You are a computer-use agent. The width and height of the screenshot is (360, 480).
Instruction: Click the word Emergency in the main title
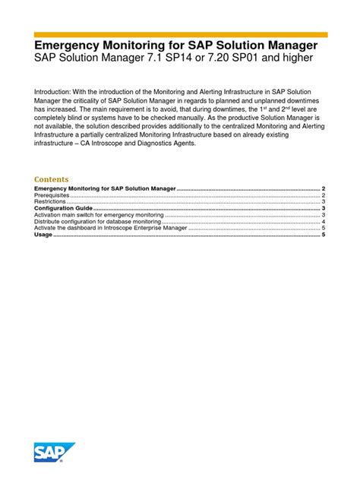72,46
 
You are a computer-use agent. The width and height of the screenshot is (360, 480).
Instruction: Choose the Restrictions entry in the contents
51,201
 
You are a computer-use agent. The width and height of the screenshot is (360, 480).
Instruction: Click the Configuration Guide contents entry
63,208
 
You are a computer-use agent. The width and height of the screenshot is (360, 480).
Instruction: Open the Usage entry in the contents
43,235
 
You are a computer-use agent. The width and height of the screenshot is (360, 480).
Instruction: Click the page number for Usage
324,235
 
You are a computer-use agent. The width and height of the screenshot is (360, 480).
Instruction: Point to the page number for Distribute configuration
324,222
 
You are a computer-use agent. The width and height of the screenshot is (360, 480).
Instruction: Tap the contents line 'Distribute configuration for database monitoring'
98,222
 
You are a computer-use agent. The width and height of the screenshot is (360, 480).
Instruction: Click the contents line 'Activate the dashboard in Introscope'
110,229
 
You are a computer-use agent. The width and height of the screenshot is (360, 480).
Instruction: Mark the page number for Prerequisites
324,195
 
